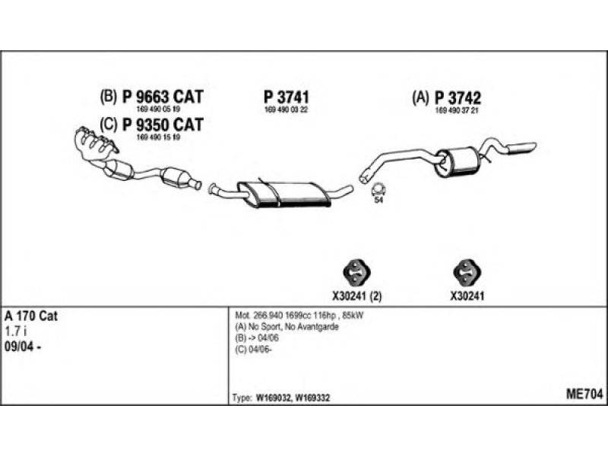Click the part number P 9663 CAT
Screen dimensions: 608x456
(x=163, y=97)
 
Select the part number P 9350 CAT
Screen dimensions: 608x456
(x=163, y=125)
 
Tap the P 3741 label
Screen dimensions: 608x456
(x=287, y=97)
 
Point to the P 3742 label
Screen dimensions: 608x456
(x=458, y=98)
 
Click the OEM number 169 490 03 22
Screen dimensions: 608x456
(x=286, y=109)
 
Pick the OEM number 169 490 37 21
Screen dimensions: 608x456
(x=458, y=110)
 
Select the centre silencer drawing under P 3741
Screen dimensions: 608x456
(x=284, y=193)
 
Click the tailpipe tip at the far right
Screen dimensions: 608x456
(x=521, y=148)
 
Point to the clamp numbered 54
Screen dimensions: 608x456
(x=378, y=190)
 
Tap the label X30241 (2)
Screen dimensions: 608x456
(x=356, y=296)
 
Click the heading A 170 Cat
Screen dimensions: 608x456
(x=31, y=316)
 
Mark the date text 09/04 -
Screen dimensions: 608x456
(x=23, y=347)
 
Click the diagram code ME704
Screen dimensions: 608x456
(x=584, y=394)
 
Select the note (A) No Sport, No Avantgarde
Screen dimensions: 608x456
(x=287, y=327)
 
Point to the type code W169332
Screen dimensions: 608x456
(x=312, y=397)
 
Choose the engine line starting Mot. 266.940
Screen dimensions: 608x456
(x=299, y=315)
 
